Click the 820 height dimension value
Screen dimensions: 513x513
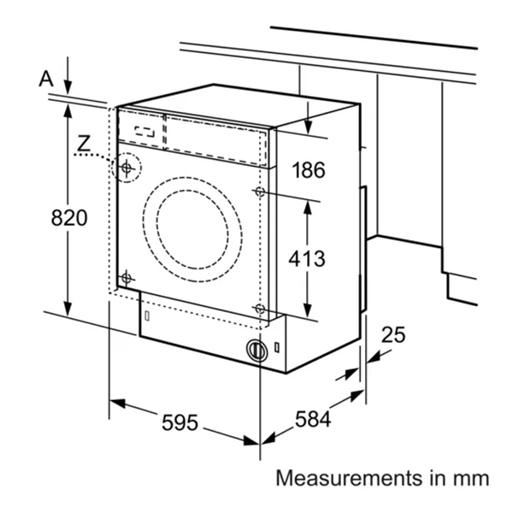click(x=69, y=218)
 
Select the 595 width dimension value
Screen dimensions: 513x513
click(x=179, y=422)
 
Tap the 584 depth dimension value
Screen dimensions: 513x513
click(x=313, y=419)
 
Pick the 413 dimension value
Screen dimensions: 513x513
click(x=306, y=258)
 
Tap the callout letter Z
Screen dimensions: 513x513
click(x=83, y=144)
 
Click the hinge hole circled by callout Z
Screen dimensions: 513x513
click(x=127, y=168)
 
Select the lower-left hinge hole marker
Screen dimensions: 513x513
click(x=127, y=278)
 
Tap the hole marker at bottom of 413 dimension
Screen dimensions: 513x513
click(x=259, y=308)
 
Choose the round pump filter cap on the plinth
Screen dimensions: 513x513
click(x=255, y=349)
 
